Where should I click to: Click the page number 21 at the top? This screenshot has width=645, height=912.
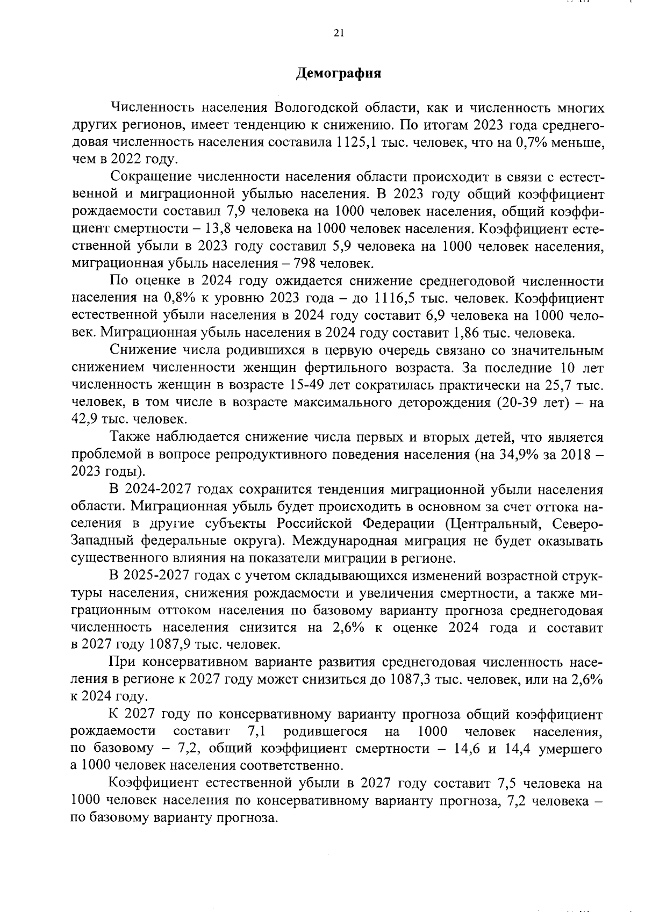point(338,33)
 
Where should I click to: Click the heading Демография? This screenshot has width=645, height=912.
point(338,73)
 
